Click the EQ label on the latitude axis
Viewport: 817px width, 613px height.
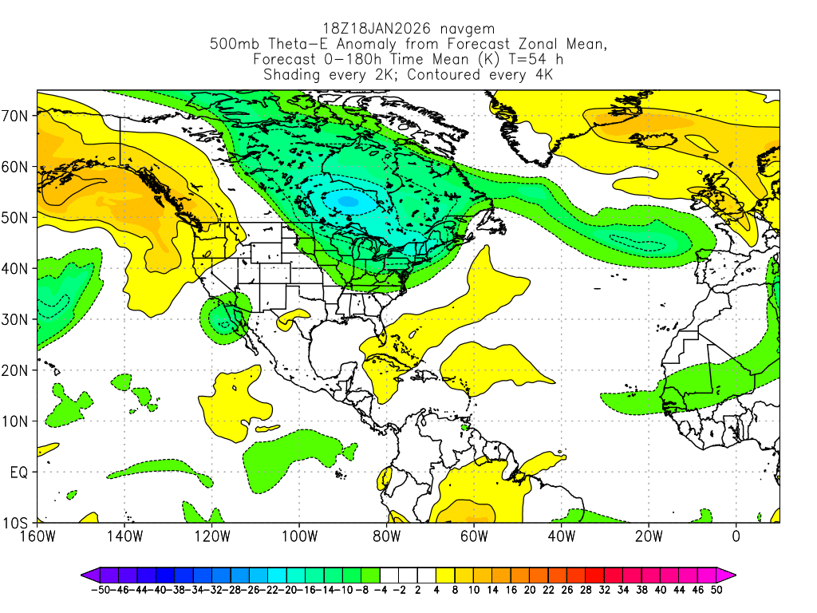(19, 473)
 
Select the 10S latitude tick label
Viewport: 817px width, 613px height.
(17, 524)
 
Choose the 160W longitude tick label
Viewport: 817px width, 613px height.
(37, 536)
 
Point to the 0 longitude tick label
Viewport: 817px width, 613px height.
(736, 536)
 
